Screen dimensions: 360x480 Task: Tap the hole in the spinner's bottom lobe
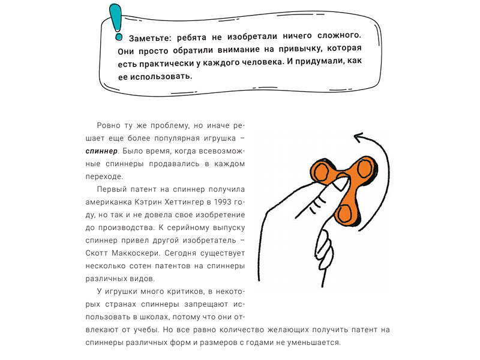(346, 213)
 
